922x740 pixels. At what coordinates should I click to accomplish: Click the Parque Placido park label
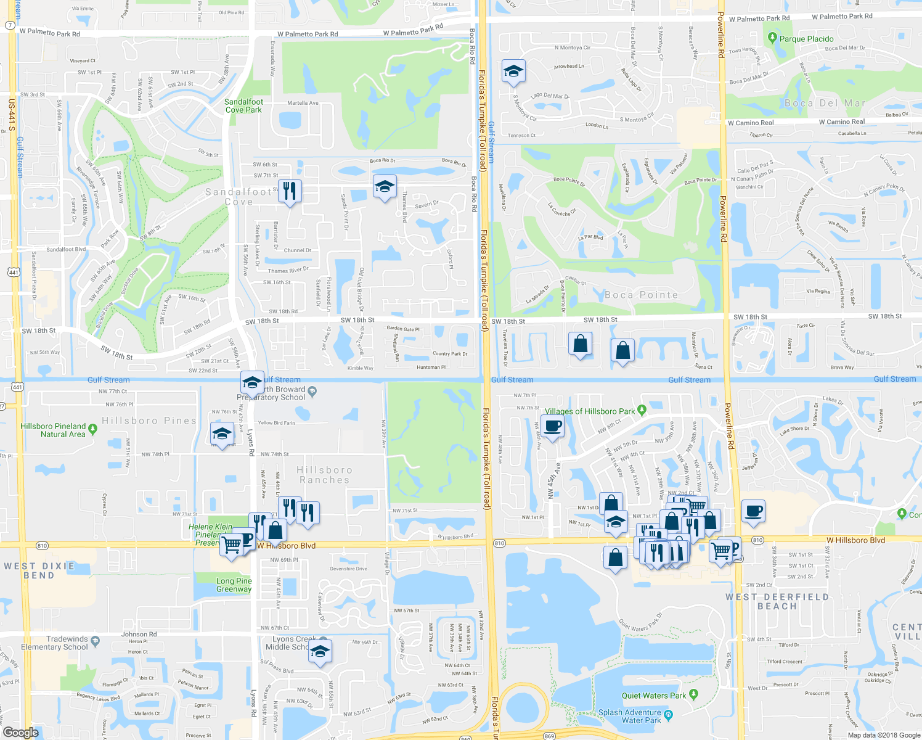[806, 39]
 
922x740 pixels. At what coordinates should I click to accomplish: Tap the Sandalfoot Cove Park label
[243, 106]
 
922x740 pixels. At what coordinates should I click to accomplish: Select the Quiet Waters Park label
[653, 696]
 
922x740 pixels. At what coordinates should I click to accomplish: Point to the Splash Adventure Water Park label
[629, 716]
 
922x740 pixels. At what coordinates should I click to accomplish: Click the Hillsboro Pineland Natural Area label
[54, 430]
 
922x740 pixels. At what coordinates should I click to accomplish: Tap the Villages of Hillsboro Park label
[589, 411]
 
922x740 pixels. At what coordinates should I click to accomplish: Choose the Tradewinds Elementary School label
[54, 643]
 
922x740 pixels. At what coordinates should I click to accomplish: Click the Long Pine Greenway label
[234, 585]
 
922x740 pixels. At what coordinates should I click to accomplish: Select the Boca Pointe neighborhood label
[641, 295]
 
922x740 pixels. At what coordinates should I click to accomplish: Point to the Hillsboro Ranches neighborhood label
[324, 475]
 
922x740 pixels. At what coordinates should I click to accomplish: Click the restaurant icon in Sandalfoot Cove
[290, 191]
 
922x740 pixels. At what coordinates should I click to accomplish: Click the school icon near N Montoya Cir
[513, 72]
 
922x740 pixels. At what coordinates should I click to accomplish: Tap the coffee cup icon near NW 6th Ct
[552, 425]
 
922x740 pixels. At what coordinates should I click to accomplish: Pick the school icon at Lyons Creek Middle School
[320, 652]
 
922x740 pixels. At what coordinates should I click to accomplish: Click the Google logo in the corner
[20, 732]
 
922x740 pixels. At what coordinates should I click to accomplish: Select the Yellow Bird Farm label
[276, 423]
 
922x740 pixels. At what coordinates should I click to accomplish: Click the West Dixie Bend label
[39, 570]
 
